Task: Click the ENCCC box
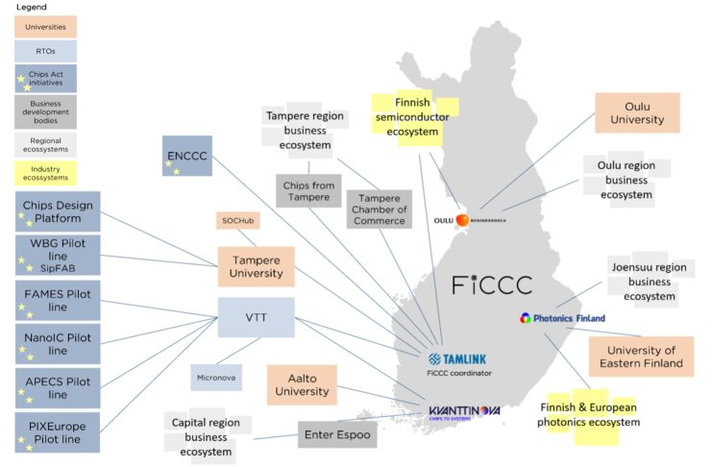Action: [x=187, y=155]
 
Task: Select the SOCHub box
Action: [x=237, y=221]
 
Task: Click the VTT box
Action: [x=255, y=316]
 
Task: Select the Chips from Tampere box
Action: [x=308, y=190]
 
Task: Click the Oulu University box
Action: [x=637, y=112]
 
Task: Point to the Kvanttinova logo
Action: [x=465, y=413]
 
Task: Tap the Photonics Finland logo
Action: [x=558, y=317]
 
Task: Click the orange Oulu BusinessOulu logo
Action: [x=462, y=220]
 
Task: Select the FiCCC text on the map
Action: [x=491, y=284]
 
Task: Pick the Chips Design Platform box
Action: [x=58, y=212]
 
